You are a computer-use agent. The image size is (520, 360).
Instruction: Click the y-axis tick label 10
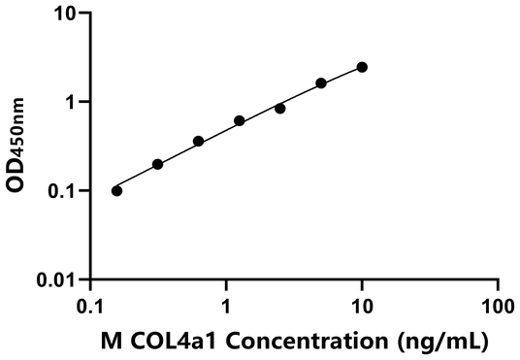point(66,14)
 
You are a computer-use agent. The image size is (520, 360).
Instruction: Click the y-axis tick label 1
point(72,102)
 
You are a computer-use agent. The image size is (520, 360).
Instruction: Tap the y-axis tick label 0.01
point(58,280)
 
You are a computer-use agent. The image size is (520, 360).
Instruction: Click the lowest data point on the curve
point(117,190)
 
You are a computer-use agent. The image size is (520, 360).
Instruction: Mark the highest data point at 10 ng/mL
point(362,67)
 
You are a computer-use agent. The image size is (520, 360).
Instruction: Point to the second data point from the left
point(158,164)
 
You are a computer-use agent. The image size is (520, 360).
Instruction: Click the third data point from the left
point(199,142)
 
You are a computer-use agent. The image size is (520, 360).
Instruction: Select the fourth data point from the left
point(240,121)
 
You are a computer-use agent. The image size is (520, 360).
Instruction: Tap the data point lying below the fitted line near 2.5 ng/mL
point(280,109)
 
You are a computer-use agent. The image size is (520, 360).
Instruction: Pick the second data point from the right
point(321,83)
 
